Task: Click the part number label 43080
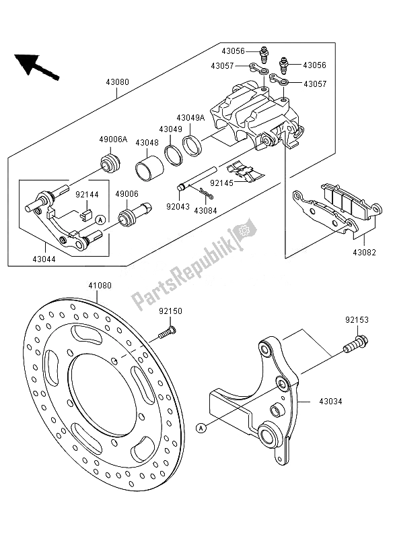click(x=117, y=82)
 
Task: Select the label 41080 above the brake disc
click(x=100, y=286)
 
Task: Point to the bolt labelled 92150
click(x=167, y=332)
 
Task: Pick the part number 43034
click(x=331, y=401)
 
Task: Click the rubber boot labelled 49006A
click(x=110, y=164)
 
